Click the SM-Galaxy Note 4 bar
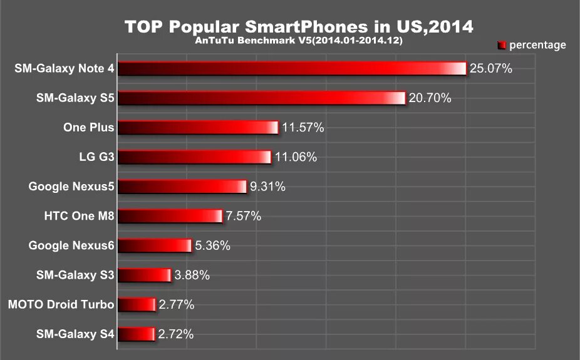click(292, 68)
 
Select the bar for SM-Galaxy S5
click(262, 98)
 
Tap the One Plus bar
click(198, 128)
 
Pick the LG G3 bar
click(194, 157)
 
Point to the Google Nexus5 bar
click(182, 187)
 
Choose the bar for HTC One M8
click(170, 216)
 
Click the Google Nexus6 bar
click(154, 245)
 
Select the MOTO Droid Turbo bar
click(136, 305)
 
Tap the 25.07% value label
click(490, 68)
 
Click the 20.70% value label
click(430, 98)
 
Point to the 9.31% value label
click(267, 187)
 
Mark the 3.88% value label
click(192, 275)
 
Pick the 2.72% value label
click(176, 334)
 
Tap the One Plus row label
click(88, 128)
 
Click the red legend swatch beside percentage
click(502, 45)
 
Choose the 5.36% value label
click(213, 245)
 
